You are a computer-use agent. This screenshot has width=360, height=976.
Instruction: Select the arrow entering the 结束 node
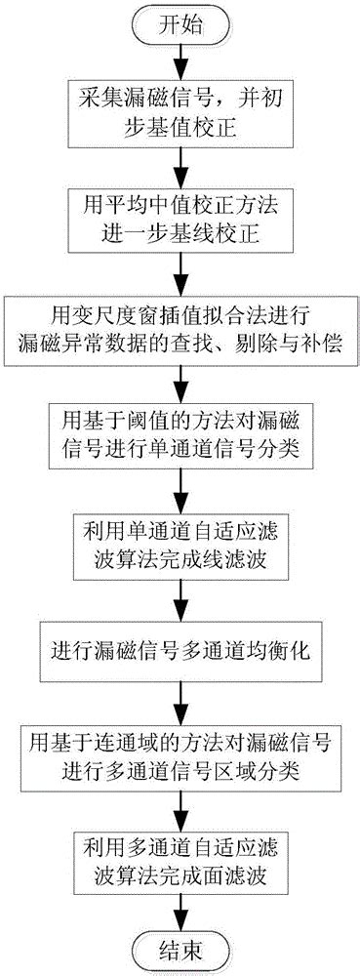(x=179, y=909)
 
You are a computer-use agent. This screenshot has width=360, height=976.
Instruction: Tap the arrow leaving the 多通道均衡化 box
(x=179, y=672)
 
